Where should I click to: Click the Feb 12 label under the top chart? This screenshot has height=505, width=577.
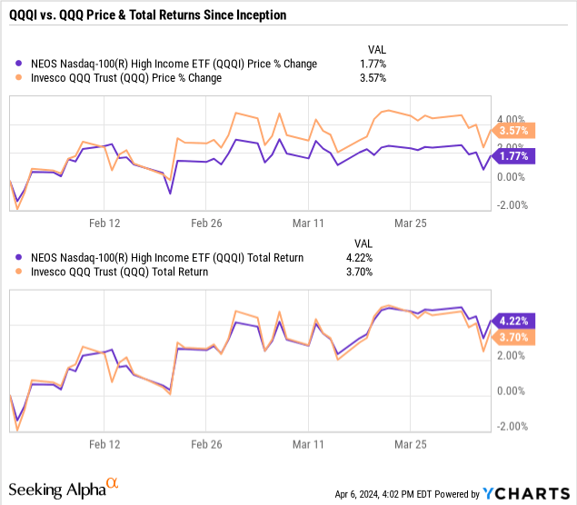coord(104,223)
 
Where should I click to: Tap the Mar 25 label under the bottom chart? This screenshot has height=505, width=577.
coord(410,446)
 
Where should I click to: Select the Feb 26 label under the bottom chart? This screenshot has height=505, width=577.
coord(206,446)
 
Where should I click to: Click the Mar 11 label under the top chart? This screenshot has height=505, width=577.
coord(308,223)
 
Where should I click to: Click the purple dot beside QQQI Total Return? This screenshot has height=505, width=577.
coord(21,258)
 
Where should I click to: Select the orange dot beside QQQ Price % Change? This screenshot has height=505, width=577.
coord(21,78)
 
